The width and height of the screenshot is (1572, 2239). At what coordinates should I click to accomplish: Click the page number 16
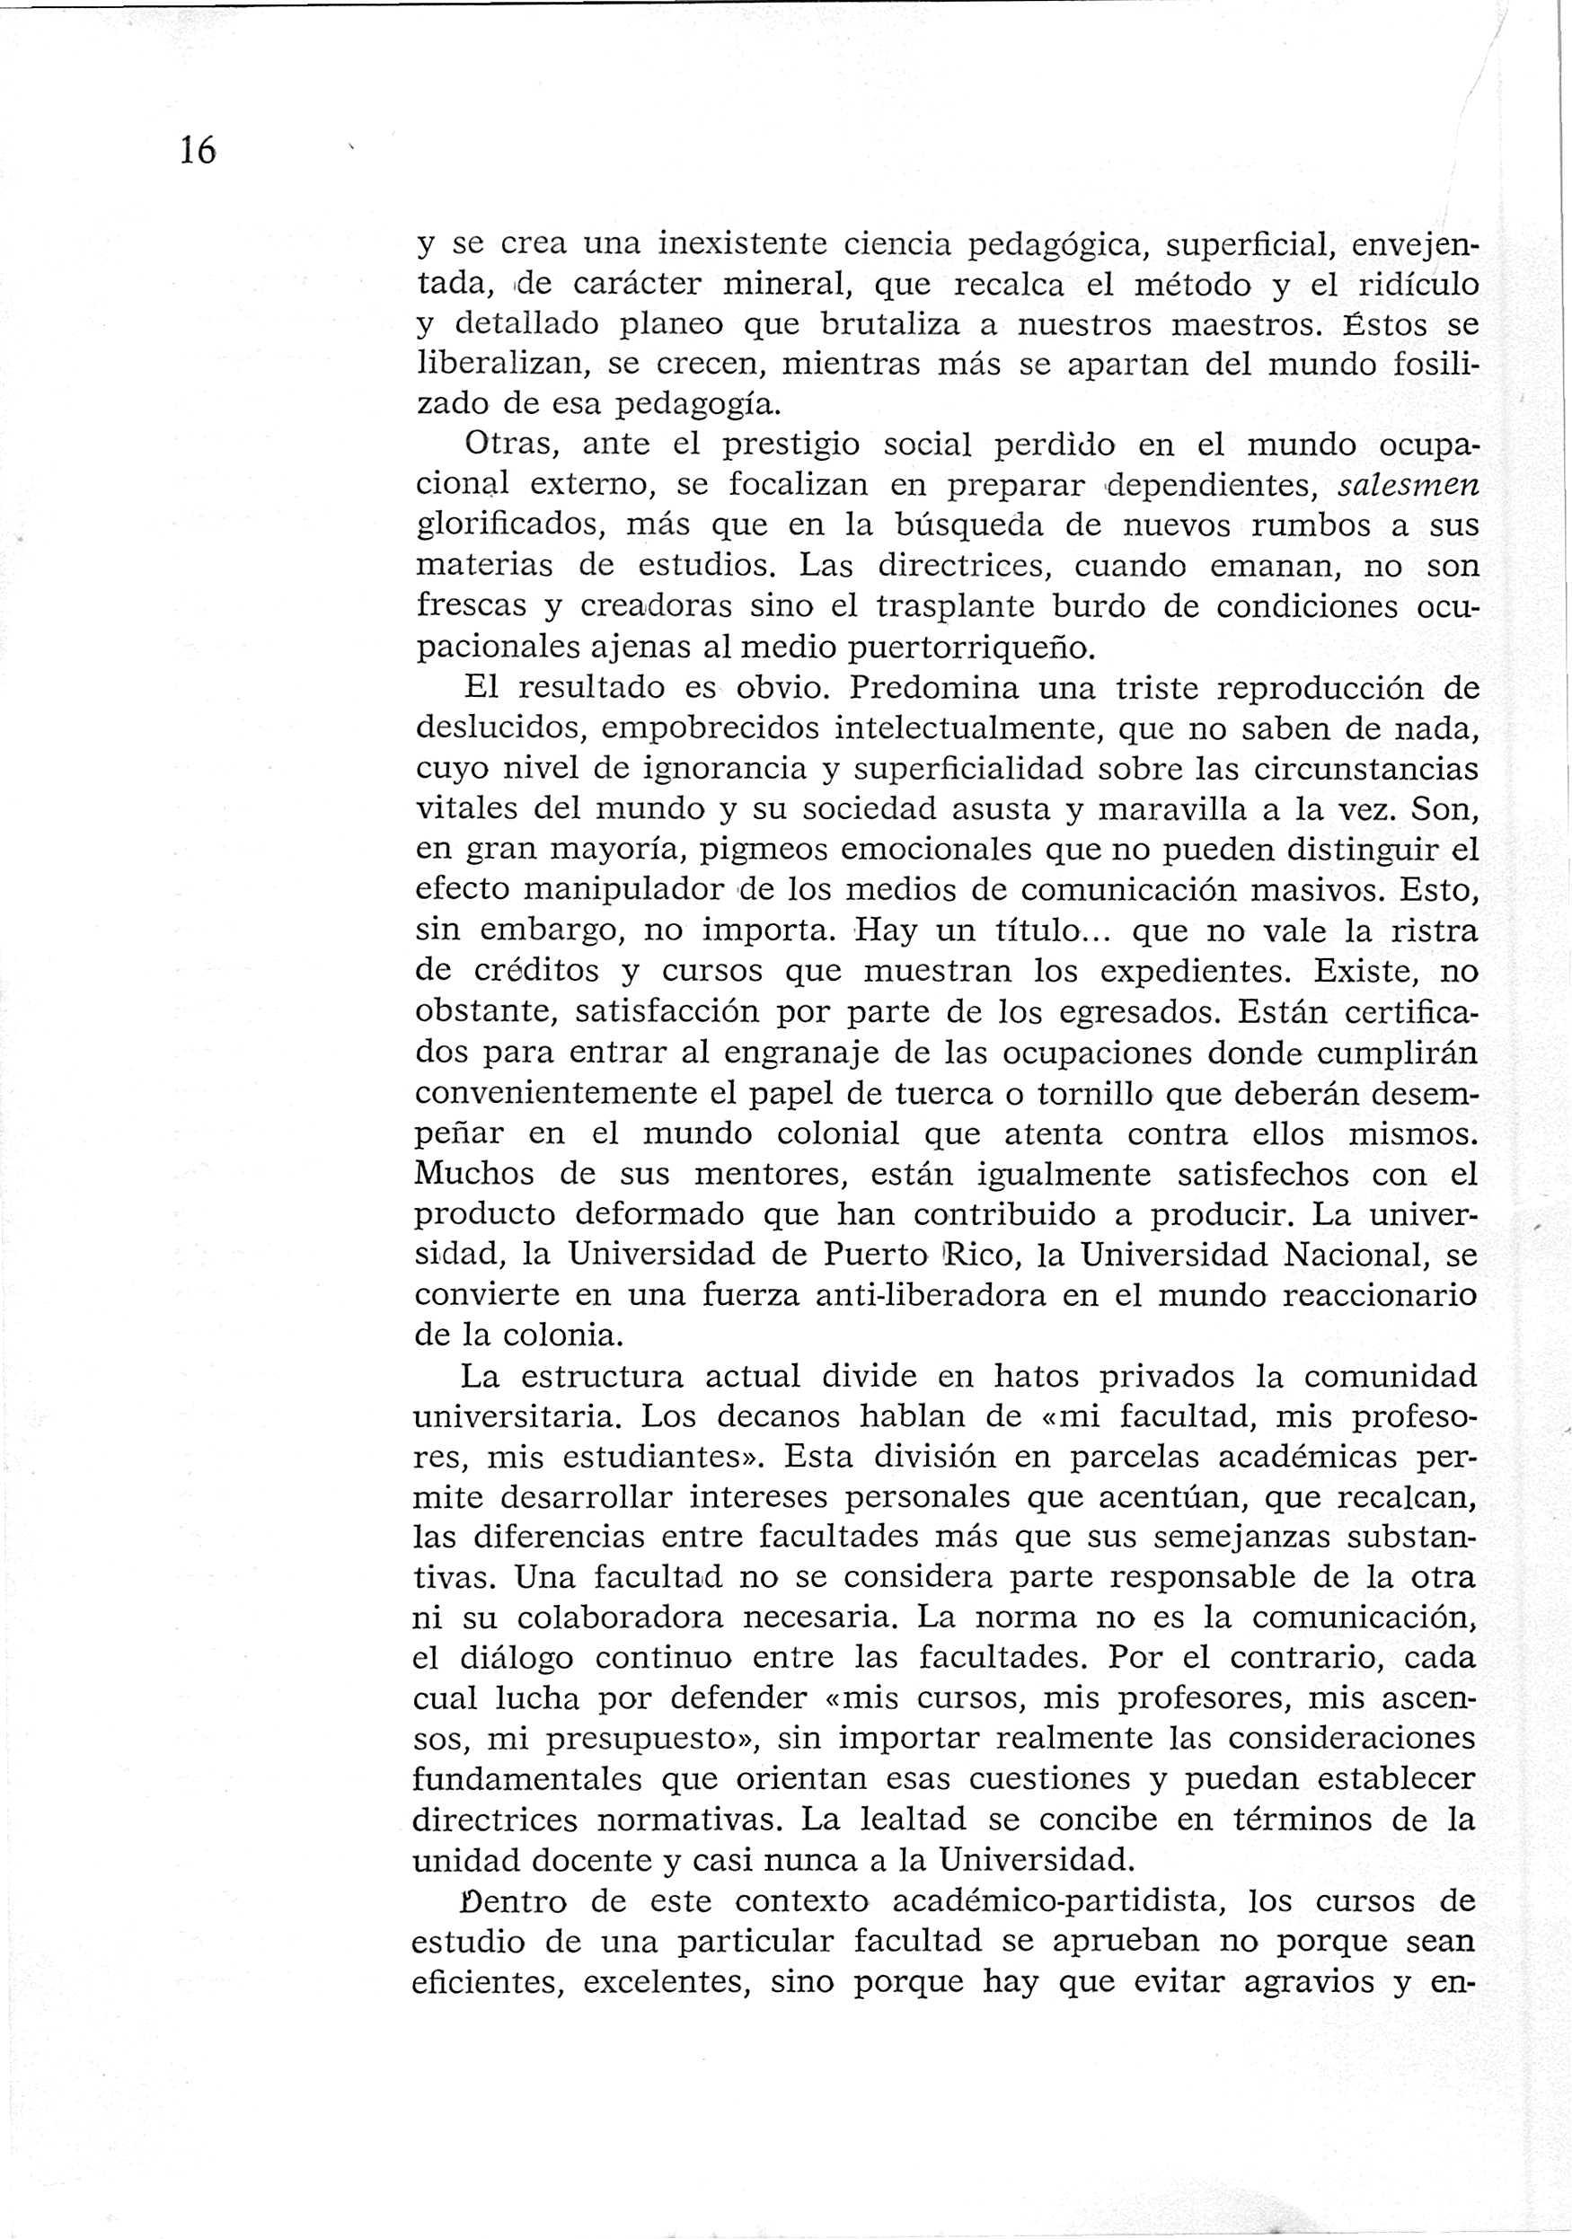197,151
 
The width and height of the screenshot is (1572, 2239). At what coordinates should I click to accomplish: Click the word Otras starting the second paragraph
510,445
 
